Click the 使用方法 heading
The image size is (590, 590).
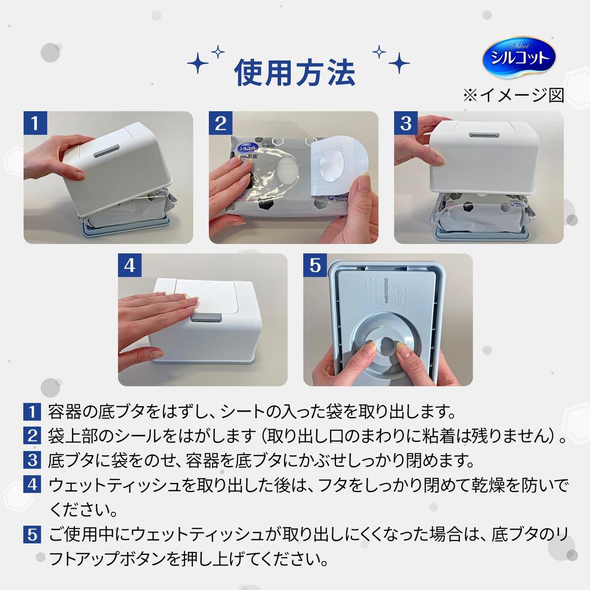294,72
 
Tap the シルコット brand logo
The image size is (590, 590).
519,57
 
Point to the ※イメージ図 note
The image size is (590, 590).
513,95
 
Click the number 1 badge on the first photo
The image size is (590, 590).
35,123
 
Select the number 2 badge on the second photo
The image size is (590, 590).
221,123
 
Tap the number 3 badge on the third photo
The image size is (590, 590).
406,123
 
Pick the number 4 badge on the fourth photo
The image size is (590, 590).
130,265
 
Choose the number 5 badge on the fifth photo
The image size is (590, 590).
315,265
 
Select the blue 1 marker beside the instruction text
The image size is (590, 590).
32,411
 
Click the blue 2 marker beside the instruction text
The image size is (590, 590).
32,436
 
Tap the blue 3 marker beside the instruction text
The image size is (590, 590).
32,460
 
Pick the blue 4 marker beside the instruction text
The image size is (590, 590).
32,485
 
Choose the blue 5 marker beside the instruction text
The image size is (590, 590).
32,534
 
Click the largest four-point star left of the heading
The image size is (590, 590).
198,63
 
